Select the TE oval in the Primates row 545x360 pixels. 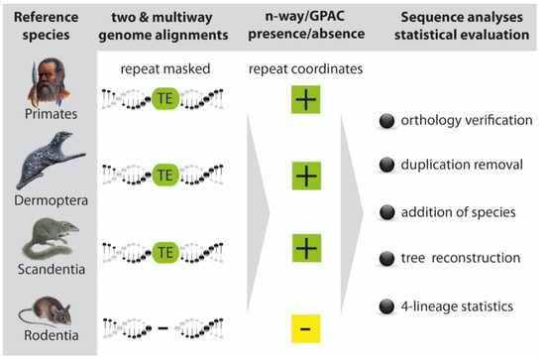tap(166, 100)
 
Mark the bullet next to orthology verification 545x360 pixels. tap(386, 122)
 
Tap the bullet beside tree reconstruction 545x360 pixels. tap(386, 258)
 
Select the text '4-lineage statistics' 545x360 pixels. tap(458, 307)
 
